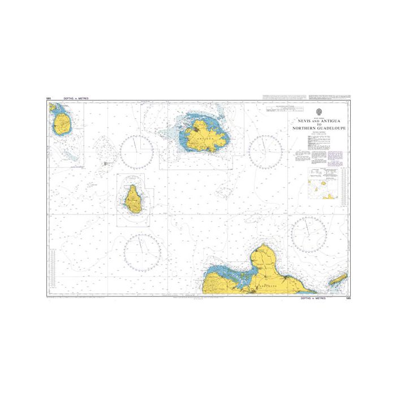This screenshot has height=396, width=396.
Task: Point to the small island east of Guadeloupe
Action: [x=338, y=279]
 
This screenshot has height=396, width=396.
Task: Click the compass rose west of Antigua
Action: [x=136, y=152]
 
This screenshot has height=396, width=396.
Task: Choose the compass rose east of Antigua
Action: [x=266, y=152]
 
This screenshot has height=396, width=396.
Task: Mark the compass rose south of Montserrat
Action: [x=143, y=251]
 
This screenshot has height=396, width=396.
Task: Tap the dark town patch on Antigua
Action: [x=195, y=132]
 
